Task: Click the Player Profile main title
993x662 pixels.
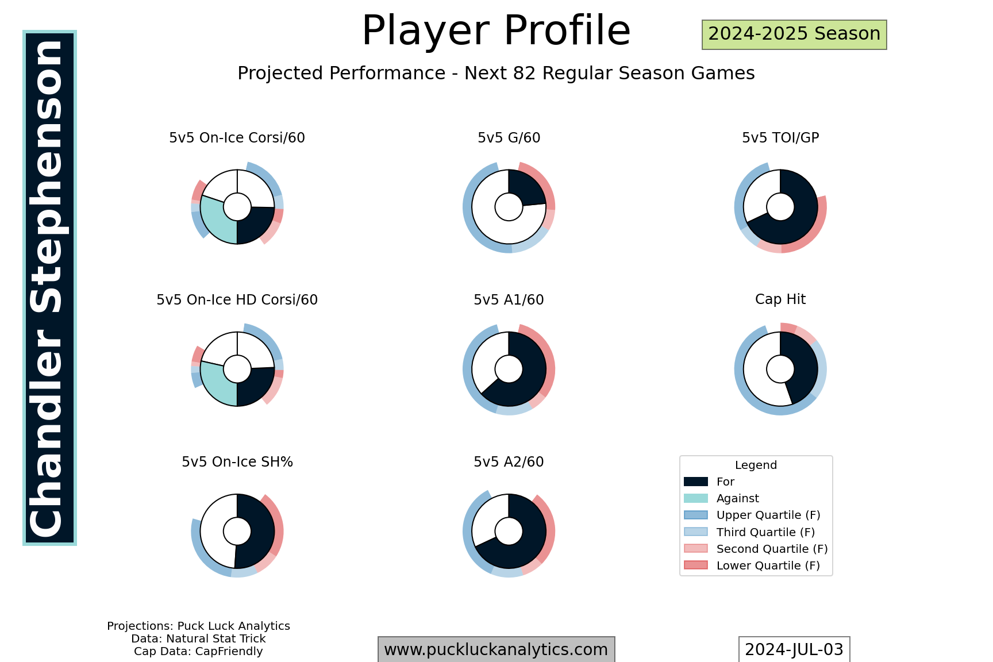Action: tap(496, 30)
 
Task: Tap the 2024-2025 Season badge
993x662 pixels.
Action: tap(794, 34)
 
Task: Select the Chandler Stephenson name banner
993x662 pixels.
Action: tap(49, 288)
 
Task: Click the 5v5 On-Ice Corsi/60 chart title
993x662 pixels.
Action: tap(237, 138)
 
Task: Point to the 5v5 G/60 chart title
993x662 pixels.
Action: tap(509, 138)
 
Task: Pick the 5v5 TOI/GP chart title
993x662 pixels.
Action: tap(780, 138)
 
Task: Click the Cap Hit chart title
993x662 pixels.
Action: tap(780, 299)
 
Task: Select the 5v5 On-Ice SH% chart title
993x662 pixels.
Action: tap(237, 462)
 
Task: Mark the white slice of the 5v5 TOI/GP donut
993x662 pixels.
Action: tap(757, 195)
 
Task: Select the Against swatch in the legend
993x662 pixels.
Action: tap(695, 498)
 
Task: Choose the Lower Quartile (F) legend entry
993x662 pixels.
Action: tap(752, 565)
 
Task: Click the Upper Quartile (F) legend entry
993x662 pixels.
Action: tap(752, 515)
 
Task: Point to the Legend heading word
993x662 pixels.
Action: tap(756, 465)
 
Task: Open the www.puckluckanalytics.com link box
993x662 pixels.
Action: tap(496, 649)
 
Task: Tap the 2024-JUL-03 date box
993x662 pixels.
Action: tap(794, 649)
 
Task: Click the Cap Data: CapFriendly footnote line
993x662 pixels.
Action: tap(198, 652)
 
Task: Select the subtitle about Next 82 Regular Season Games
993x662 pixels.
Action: tap(496, 74)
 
